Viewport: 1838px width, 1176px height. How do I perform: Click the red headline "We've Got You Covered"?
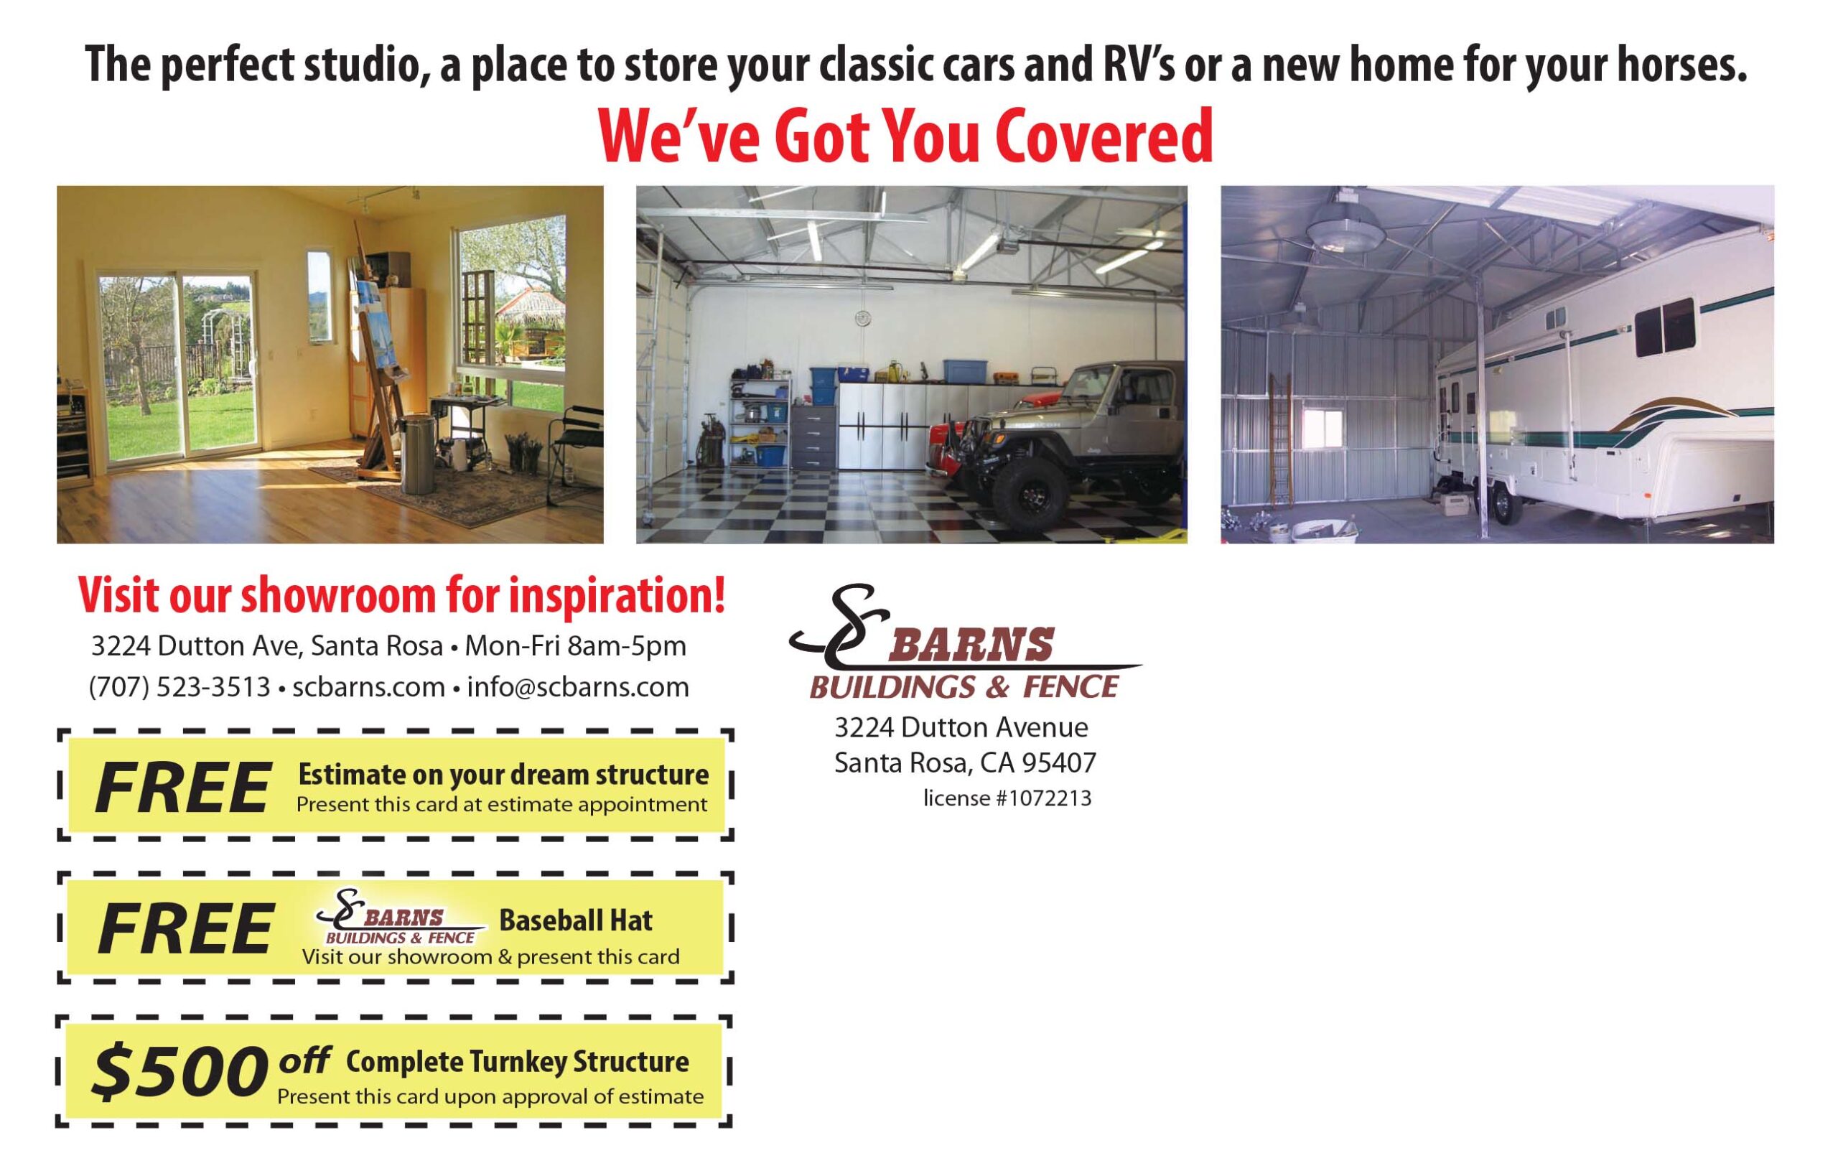pos(905,136)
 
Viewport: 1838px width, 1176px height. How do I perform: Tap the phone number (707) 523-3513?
pos(180,687)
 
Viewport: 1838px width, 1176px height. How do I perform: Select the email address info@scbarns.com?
pos(578,687)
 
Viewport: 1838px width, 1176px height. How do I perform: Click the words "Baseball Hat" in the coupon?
pos(576,920)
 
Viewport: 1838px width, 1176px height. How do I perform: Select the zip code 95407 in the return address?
pos(1059,762)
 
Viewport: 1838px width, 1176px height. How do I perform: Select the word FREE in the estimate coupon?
pos(182,788)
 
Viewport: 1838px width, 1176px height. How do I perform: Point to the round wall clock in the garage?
pos(862,317)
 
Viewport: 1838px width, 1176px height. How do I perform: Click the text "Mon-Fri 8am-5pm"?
pos(576,646)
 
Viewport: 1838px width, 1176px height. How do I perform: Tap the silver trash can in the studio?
pos(419,454)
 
